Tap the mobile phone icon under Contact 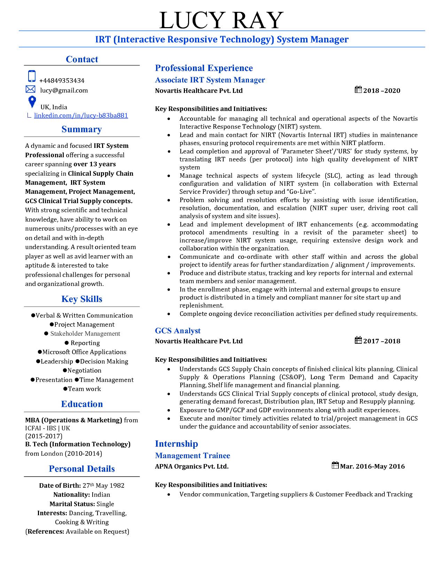(32, 76)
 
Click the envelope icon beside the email (31, 89)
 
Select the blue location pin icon (32, 102)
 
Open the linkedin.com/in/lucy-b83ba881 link (81, 115)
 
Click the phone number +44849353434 (62, 81)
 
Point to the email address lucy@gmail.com (64, 90)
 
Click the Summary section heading (81, 129)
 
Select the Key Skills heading (82, 299)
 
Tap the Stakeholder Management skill (85, 334)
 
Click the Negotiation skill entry (84, 370)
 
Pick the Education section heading (82, 404)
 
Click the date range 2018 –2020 (382, 91)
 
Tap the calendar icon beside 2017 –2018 (358, 340)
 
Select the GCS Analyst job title (178, 331)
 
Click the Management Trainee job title (192, 456)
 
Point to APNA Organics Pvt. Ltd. (192, 467)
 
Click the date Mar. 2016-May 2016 (372, 467)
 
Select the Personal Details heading (82, 469)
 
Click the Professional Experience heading (204, 68)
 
